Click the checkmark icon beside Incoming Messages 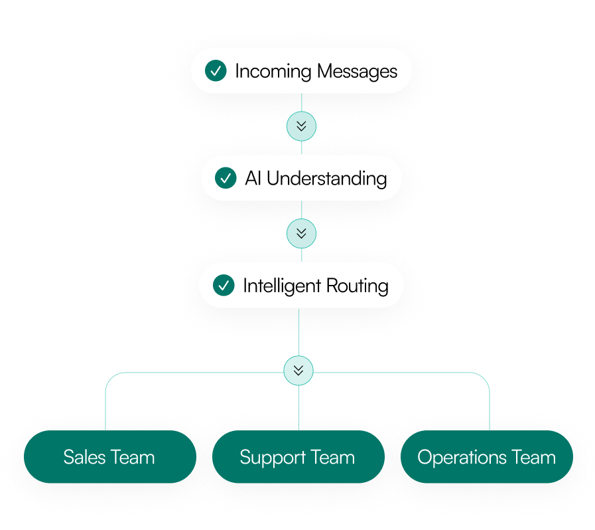point(216,70)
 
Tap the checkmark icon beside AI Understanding point(226,178)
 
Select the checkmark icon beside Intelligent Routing point(224,285)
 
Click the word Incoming point(273,72)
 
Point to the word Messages point(357,72)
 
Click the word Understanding point(327,179)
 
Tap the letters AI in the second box point(253,178)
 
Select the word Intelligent point(282,286)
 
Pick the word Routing point(358,286)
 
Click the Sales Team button point(110,457)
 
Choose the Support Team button point(298,457)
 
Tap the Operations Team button point(487,457)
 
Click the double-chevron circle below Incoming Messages point(301,126)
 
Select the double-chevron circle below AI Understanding point(301,233)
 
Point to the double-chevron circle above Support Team point(298,371)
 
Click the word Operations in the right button point(462,458)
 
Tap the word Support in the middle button point(273,458)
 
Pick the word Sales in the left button point(84,457)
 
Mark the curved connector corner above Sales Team point(110,377)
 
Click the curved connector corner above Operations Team point(485,377)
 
